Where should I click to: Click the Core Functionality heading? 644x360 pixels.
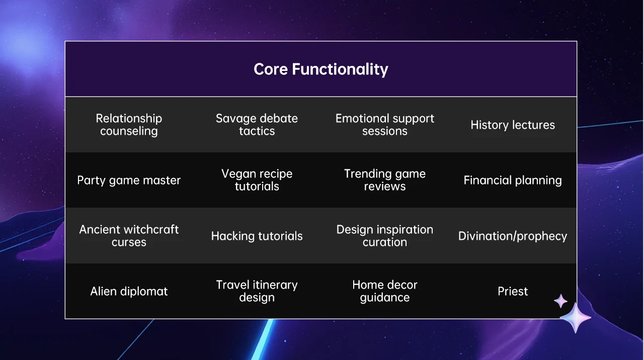tap(321, 69)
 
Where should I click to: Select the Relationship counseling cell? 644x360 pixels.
tap(129, 125)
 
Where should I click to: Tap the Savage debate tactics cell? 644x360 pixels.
tap(257, 125)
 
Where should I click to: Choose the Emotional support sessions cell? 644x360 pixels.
tap(385, 125)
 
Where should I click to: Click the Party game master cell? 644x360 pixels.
tap(129, 181)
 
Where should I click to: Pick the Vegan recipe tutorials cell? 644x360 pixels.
tap(257, 180)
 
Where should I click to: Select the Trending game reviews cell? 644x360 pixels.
tap(385, 180)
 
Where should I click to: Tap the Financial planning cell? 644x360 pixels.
tap(513, 181)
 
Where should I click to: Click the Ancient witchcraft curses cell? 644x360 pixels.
tap(129, 236)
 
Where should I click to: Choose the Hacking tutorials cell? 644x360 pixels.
tap(257, 236)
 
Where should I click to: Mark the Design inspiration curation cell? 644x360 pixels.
tap(385, 236)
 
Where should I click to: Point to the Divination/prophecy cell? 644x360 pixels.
tap(513, 236)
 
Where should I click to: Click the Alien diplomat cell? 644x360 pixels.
tap(129, 291)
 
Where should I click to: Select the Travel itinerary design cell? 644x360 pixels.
tap(257, 291)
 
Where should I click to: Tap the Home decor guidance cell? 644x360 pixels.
tap(385, 291)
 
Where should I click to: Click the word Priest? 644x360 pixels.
tap(513, 291)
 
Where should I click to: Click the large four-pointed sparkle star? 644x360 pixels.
tap(576, 318)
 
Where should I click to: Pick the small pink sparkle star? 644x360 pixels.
tap(560, 301)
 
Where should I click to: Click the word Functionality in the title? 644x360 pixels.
tap(340, 69)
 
